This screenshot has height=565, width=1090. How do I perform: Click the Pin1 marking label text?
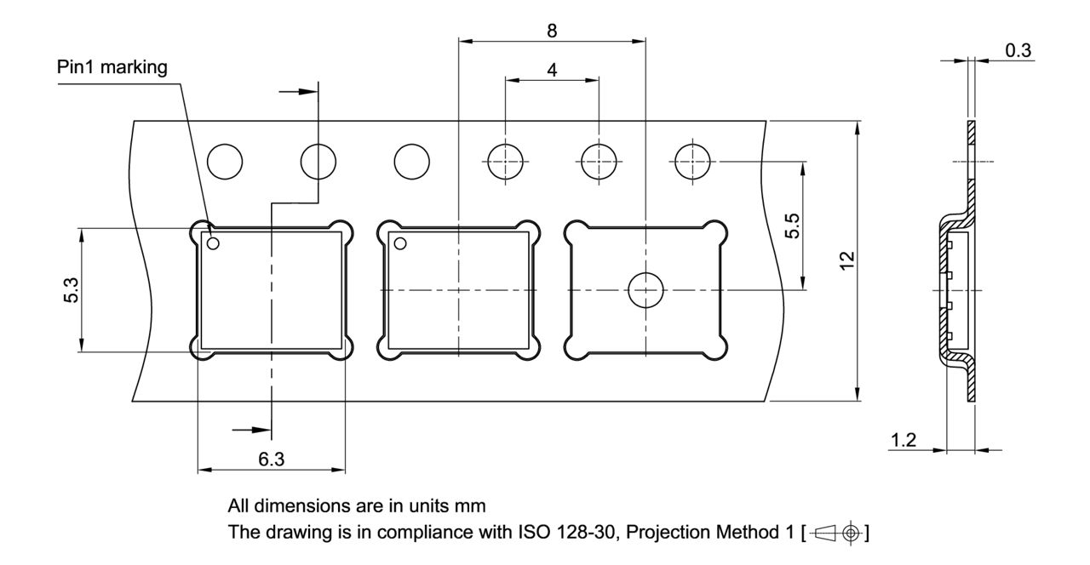click(112, 67)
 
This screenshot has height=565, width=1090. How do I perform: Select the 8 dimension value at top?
click(552, 31)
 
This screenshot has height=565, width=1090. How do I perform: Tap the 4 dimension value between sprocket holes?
click(552, 71)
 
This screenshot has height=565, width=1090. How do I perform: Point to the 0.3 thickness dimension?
click(1018, 50)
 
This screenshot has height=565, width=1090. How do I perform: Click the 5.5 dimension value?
click(791, 226)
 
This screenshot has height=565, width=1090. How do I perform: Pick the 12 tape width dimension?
click(846, 261)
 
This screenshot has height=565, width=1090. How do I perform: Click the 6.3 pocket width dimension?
click(271, 459)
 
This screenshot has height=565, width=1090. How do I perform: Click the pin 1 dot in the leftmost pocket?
click(213, 244)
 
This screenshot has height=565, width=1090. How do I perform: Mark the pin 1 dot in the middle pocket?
click(400, 244)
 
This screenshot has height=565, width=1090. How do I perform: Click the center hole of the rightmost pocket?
click(645, 290)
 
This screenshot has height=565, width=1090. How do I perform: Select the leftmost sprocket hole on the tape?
click(225, 161)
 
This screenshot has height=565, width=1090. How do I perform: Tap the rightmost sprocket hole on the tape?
click(691, 161)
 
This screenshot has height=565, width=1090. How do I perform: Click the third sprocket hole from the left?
click(411, 161)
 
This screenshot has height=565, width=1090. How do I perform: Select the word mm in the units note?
click(473, 505)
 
